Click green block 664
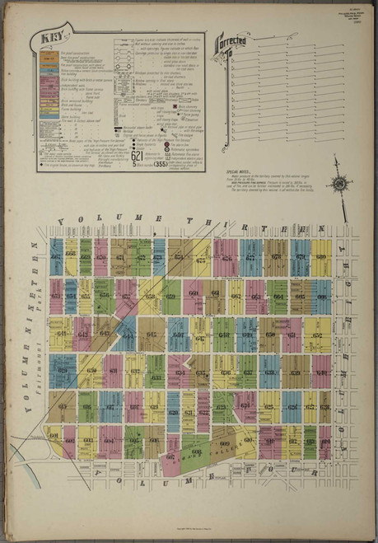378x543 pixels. click(x=278, y=295)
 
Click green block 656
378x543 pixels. click(x=104, y=294)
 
